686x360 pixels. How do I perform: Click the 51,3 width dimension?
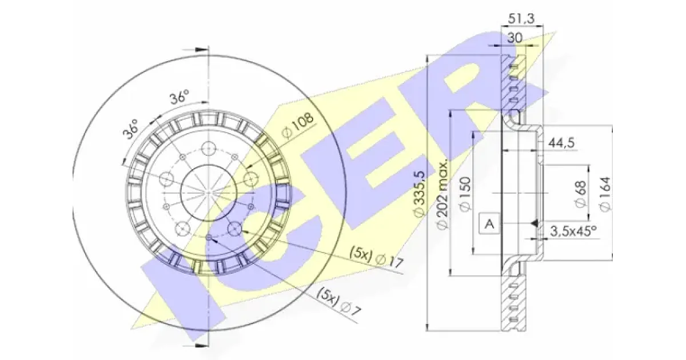pos(521,19)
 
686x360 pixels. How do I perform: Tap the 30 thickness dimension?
pos(515,38)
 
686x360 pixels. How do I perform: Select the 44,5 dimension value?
pos(561,143)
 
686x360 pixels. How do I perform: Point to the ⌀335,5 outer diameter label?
pos(420,194)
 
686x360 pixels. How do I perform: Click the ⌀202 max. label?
pos(443,194)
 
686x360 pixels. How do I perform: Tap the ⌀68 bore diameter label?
pos(581,194)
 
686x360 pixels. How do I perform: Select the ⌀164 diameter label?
pos(605,194)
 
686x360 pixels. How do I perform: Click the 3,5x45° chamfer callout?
pos(573,231)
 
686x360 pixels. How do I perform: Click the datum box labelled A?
pos(489,224)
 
